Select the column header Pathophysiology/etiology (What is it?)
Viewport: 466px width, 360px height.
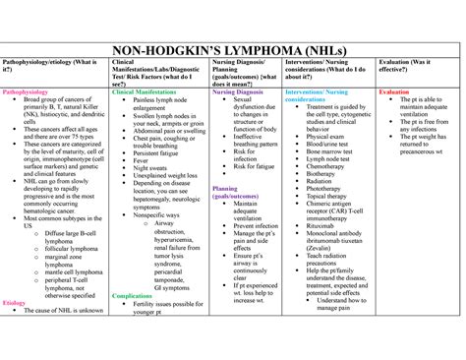[51, 67]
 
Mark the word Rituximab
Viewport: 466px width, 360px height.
[324, 225]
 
